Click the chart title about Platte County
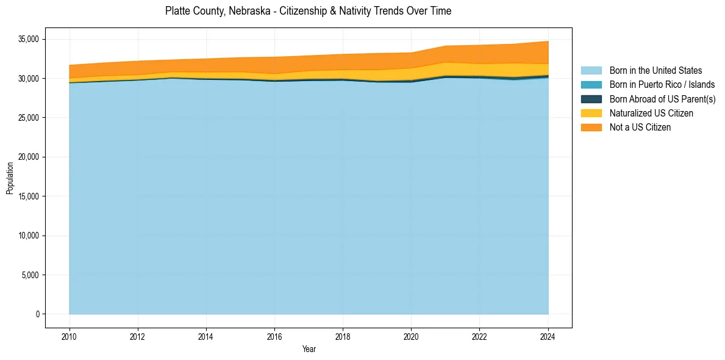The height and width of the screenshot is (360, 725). point(308,11)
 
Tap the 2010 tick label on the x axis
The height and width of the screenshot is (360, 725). point(70,336)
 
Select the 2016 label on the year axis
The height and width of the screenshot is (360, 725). point(274,336)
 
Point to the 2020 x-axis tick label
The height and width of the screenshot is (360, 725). point(411,336)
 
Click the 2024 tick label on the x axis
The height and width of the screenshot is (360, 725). point(548,336)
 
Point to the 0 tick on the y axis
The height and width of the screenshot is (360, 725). point(37,314)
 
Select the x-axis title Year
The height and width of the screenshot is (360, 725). point(309,349)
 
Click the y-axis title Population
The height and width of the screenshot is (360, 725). point(10,178)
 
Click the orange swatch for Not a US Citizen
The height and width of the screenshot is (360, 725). point(591,127)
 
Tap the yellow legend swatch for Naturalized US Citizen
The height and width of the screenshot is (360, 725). point(591,113)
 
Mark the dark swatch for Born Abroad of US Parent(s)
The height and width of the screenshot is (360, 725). point(591,99)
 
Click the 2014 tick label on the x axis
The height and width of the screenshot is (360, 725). point(206,336)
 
